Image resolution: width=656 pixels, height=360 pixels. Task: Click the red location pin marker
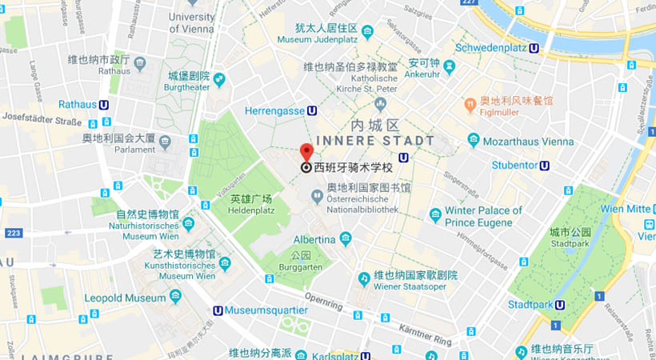coord(306,152)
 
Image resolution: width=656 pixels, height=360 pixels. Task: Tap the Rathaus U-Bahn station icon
coord(104,105)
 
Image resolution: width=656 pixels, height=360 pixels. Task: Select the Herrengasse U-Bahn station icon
coord(311,111)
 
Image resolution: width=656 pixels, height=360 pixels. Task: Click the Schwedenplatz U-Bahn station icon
coord(534,47)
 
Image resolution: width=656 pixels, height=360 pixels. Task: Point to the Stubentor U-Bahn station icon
coord(544,166)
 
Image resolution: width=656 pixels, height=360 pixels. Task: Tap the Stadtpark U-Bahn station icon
coord(560,304)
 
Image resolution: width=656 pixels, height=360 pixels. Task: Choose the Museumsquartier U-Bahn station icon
coord(218,310)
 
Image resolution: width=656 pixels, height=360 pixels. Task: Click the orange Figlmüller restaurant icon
coord(471,103)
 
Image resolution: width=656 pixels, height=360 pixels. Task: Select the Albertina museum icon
coord(346,239)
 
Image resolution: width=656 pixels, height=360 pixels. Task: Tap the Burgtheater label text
coord(186,87)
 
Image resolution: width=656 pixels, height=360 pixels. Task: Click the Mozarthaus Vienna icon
coord(474,141)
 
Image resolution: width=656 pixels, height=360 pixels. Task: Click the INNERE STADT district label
coord(375,141)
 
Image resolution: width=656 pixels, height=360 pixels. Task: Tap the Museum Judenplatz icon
coord(367,33)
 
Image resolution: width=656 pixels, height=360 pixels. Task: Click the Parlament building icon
coord(165,142)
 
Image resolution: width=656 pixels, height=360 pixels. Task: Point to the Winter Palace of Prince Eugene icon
coord(435,214)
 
